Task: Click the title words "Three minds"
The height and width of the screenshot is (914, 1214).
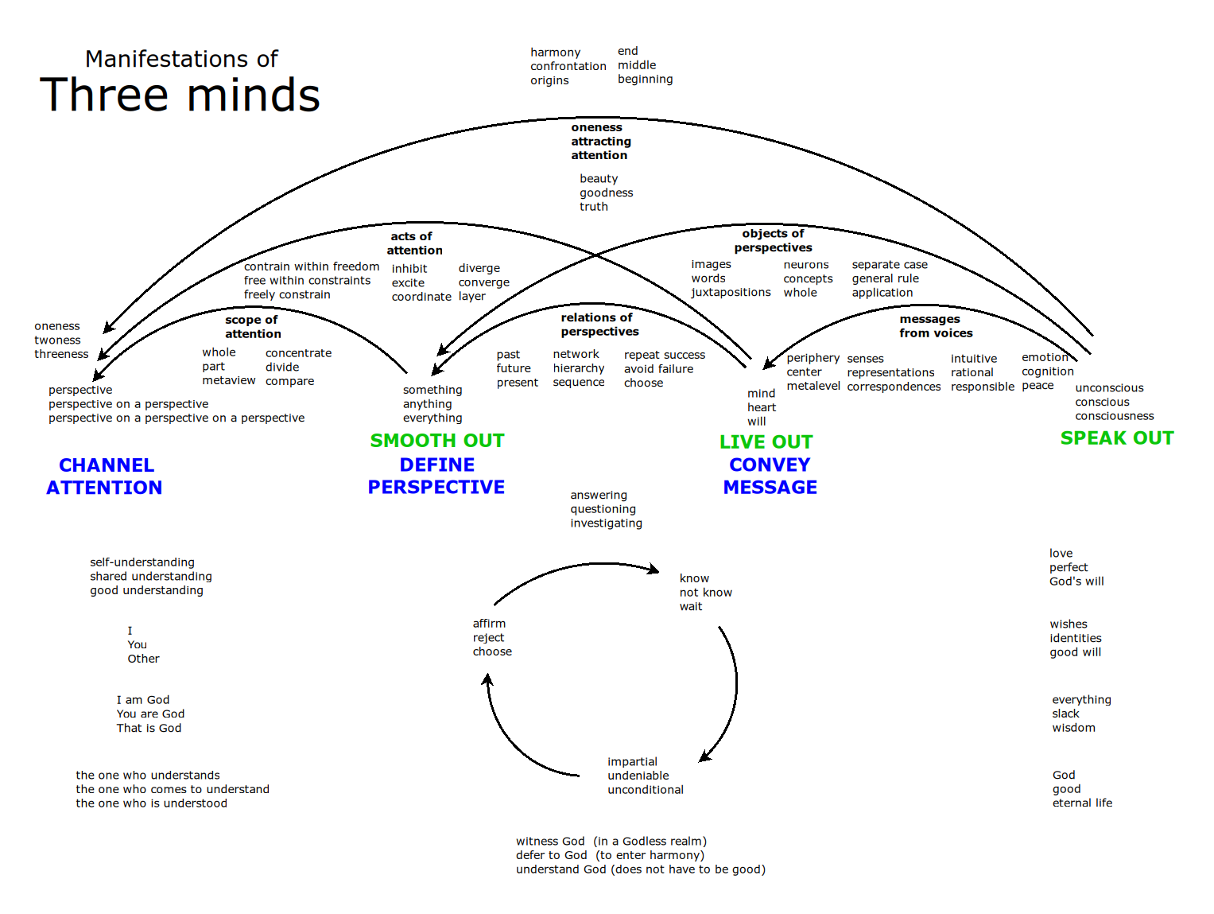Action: [x=180, y=95]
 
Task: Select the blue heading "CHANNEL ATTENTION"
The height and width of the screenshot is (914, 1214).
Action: [x=104, y=476]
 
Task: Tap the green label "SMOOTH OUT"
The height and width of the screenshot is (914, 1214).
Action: [x=437, y=441]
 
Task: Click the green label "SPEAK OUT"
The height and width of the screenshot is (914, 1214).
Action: [x=1116, y=438]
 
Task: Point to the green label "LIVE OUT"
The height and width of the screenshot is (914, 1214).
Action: [x=766, y=442]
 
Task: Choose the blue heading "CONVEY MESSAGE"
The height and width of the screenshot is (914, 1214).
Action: [x=770, y=476]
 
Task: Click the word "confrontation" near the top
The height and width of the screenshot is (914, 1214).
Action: [x=568, y=66]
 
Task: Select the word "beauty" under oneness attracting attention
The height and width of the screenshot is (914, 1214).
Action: [x=599, y=179]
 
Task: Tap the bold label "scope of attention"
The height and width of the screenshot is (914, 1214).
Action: [x=252, y=327]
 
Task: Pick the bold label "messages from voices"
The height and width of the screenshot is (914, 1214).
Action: [x=935, y=326]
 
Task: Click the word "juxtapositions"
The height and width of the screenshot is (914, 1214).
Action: [x=731, y=293]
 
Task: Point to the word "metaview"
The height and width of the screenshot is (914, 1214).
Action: [x=229, y=381]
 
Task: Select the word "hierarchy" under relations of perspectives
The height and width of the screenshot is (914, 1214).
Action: [x=579, y=368]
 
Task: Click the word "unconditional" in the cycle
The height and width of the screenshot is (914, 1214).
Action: [x=646, y=790]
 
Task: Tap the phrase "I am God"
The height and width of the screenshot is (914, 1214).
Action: [x=143, y=700]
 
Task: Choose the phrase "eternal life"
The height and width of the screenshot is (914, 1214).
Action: [x=1082, y=803]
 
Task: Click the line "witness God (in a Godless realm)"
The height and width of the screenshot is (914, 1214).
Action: [x=611, y=842]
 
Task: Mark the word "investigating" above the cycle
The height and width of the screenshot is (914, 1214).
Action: [x=606, y=523]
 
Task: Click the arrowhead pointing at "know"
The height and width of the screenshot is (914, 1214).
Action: [x=654, y=570]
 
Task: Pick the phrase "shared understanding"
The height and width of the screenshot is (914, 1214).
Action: [x=151, y=577]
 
